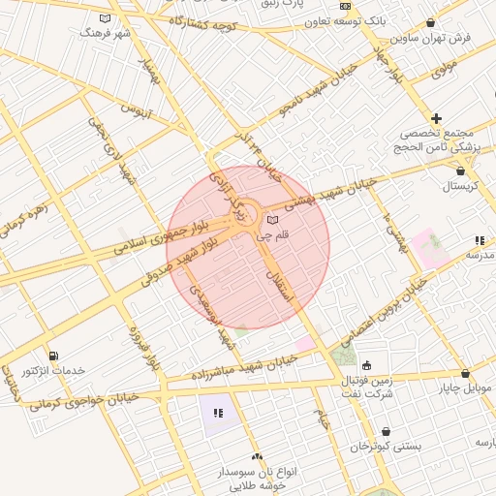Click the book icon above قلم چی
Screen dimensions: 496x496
coord(271,221)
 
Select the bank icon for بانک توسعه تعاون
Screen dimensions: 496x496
coord(345,6)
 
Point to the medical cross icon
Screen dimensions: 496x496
coord(437,118)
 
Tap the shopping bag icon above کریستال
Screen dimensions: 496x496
coord(460,170)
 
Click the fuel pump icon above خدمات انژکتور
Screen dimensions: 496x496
coord(51,356)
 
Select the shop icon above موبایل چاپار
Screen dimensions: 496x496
coord(465,373)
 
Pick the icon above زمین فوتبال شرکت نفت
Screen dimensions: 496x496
coord(366,365)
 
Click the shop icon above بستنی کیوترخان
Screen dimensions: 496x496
coord(387,432)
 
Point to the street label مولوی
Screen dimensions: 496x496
coord(443,70)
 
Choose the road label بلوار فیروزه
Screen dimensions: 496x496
coord(141,346)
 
